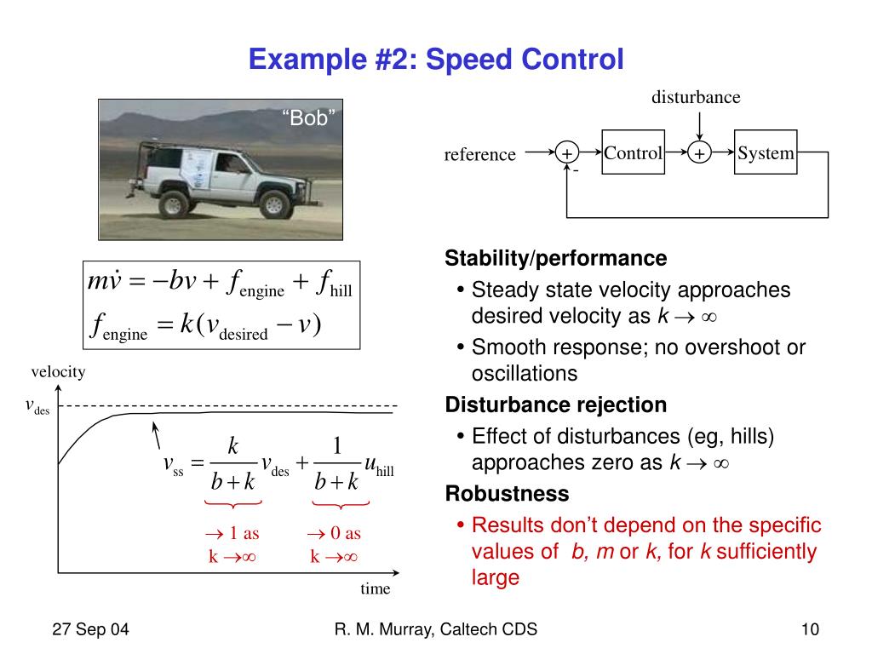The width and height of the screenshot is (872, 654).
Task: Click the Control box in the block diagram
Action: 633,153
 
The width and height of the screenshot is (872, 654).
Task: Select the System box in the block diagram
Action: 766,153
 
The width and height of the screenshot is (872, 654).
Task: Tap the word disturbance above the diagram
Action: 696,97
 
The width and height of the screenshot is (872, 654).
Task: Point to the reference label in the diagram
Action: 480,154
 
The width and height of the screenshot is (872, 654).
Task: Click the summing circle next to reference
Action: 566,154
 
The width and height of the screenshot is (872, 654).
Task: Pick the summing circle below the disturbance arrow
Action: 699,154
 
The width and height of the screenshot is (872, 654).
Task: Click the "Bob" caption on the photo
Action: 309,118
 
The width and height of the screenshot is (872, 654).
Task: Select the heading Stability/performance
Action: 556,258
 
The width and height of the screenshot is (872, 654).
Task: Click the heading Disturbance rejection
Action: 556,404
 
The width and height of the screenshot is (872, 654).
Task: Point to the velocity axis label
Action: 59,372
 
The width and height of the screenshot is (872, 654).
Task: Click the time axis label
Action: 375,588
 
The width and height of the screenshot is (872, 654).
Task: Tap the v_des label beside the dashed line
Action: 37,406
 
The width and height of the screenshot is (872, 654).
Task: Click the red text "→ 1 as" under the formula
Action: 232,534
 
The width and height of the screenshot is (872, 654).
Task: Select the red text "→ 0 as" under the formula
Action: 334,534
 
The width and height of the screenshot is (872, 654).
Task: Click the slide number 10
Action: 810,630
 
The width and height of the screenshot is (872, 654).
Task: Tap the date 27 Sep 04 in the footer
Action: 90,630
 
